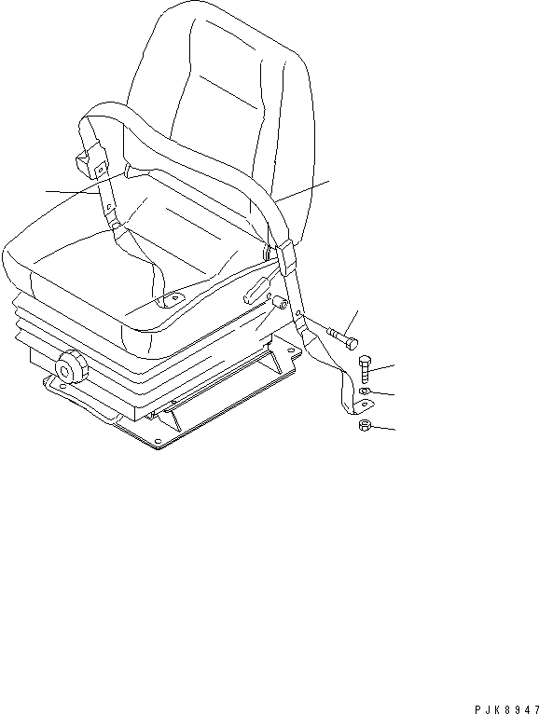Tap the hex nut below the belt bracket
point(366,427)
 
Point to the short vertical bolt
point(365,368)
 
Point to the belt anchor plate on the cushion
point(171,300)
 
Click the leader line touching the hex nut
point(384,429)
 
